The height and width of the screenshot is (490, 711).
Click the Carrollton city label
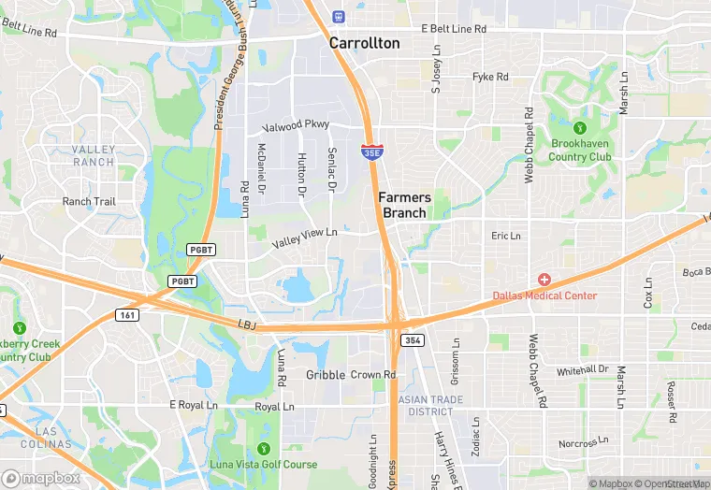pos(364,43)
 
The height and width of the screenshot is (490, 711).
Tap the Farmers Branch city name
pos(405,205)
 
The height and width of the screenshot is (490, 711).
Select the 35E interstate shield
pos(371,150)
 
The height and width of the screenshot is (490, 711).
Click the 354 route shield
pos(413,340)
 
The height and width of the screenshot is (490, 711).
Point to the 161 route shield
pos(128,315)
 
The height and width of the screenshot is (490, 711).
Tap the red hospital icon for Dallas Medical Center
pos(544,280)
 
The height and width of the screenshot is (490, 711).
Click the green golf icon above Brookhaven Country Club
pos(580,126)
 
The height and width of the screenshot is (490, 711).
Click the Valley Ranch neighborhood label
pos(93,155)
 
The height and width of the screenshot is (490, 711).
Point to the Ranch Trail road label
pos(89,201)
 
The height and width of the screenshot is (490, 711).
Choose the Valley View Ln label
pos(304,238)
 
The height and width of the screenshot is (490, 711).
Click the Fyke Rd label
pos(490,77)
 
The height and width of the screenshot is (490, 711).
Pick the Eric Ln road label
pos(505,236)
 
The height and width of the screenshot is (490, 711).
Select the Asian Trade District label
pos(425,405)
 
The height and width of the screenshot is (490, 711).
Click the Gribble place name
pos(326,375)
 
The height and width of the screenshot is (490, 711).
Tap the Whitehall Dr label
pos(582,370)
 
